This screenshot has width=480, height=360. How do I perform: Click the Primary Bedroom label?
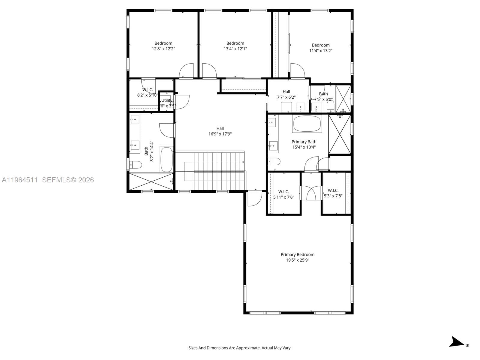tap(297, 254)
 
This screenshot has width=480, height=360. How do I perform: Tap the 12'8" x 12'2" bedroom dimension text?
tap(163, 49)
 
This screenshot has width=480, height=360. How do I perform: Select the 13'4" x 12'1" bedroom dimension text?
tap(235, 49)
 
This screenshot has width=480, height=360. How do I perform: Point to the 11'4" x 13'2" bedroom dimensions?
tap(321, 51)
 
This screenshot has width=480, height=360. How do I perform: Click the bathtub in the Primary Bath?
tap(307, 124)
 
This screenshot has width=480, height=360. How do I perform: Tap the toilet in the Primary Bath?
tap(274, 162)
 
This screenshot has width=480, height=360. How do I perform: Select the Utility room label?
tap(167, 100)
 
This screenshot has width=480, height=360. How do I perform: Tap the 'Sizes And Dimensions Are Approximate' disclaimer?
tap(240, 348)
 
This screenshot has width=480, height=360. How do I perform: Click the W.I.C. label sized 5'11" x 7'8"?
tap(283, 191)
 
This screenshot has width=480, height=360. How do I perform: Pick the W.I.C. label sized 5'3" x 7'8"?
tap(333, 190)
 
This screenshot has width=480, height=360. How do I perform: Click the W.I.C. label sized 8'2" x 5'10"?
tap(147, 90)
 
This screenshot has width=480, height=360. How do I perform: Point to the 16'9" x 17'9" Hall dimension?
tap(220, 134)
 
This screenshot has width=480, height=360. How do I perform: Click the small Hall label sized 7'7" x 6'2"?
tap(286, 92)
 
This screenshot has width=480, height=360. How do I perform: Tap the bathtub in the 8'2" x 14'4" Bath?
tap(166, 159)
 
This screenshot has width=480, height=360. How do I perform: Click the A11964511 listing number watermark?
tap(20, 180)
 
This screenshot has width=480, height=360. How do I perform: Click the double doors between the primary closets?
tap(311, 193)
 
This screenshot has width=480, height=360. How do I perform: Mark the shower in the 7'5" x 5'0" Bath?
tap(343, 99)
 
